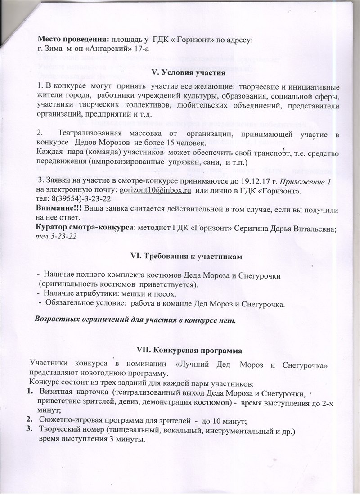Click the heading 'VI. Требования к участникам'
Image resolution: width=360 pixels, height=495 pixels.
tap(186, 256)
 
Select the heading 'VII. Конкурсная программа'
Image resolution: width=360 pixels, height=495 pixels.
tap(189, 350)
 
